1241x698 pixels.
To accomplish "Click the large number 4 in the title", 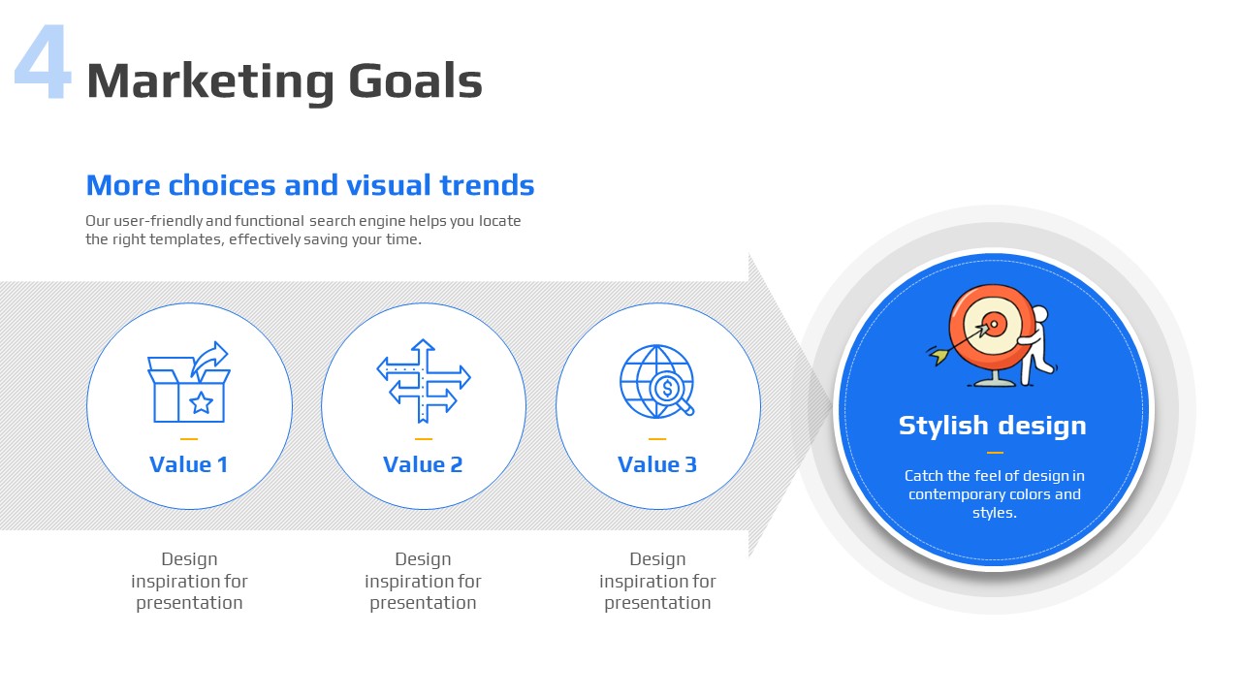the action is (44, 62).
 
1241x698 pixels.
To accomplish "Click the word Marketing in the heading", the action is (210, 82).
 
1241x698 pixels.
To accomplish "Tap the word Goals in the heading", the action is (416, 80).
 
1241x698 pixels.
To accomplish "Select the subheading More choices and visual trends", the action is (310, 185).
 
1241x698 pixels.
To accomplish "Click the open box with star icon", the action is (188, 382).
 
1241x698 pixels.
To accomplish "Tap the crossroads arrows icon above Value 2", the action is (424, 381).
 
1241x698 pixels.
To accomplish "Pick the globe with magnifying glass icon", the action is (657, 381).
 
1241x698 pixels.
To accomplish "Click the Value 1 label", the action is (189, 464).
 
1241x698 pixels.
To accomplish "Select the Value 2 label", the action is (423, 464).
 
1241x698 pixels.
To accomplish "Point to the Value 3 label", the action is (657, 464).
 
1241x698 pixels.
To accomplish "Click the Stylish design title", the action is (992, 426).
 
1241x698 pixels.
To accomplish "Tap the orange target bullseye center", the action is (994, 324).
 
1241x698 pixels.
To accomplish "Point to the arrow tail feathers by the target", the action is (938, 356).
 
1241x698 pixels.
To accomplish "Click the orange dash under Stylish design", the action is (995, 453).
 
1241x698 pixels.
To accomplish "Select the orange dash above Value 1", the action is (189, 439).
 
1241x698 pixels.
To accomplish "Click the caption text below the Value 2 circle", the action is (423, 581).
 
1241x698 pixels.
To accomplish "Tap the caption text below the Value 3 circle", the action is (657, 581).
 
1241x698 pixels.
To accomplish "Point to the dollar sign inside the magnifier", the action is (668, 389).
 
